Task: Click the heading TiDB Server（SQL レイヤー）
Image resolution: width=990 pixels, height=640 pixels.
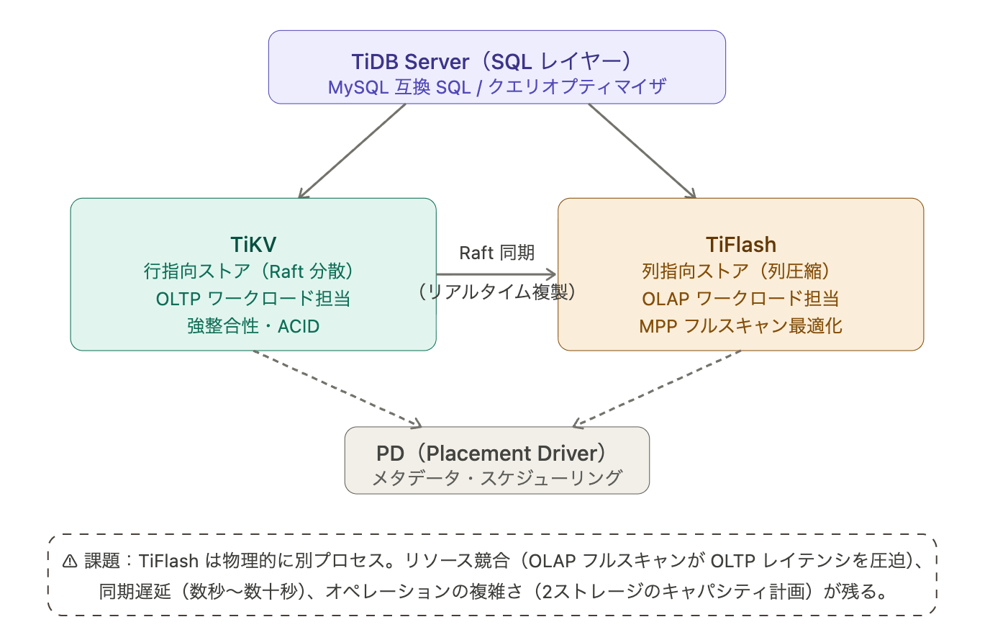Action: coord(496,61)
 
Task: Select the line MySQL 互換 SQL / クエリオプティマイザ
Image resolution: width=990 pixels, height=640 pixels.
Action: coord(496,87)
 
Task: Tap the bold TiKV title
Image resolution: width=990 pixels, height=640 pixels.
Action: coord(253,245)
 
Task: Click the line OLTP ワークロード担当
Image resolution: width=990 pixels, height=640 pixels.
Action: coord(253,299)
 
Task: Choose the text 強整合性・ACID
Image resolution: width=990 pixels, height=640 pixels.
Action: coord(253,326)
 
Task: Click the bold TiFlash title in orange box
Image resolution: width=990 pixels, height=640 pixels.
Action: coord(741,245)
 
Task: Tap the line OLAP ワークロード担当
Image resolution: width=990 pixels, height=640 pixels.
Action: coord(741,299)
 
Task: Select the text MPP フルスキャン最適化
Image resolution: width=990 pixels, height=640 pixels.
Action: coord(741,326)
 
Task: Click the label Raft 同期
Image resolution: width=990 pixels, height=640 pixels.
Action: coord(496,253)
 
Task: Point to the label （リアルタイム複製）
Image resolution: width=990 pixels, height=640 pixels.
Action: coord(496,292)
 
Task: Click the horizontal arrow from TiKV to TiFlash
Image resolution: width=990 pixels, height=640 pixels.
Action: coord(496,274)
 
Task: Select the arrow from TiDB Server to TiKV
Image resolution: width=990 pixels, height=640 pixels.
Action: coord(353,150)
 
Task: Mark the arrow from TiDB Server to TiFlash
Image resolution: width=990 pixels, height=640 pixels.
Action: coord(642,150)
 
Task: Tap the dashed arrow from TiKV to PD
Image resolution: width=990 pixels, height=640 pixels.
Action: coord(337,389)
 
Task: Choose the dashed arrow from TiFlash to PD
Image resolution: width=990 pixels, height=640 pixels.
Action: coord(657,389)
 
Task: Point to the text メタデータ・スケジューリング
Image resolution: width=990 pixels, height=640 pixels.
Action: coord(496,478)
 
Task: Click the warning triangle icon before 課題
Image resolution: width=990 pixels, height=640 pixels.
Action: coord(70,562)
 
